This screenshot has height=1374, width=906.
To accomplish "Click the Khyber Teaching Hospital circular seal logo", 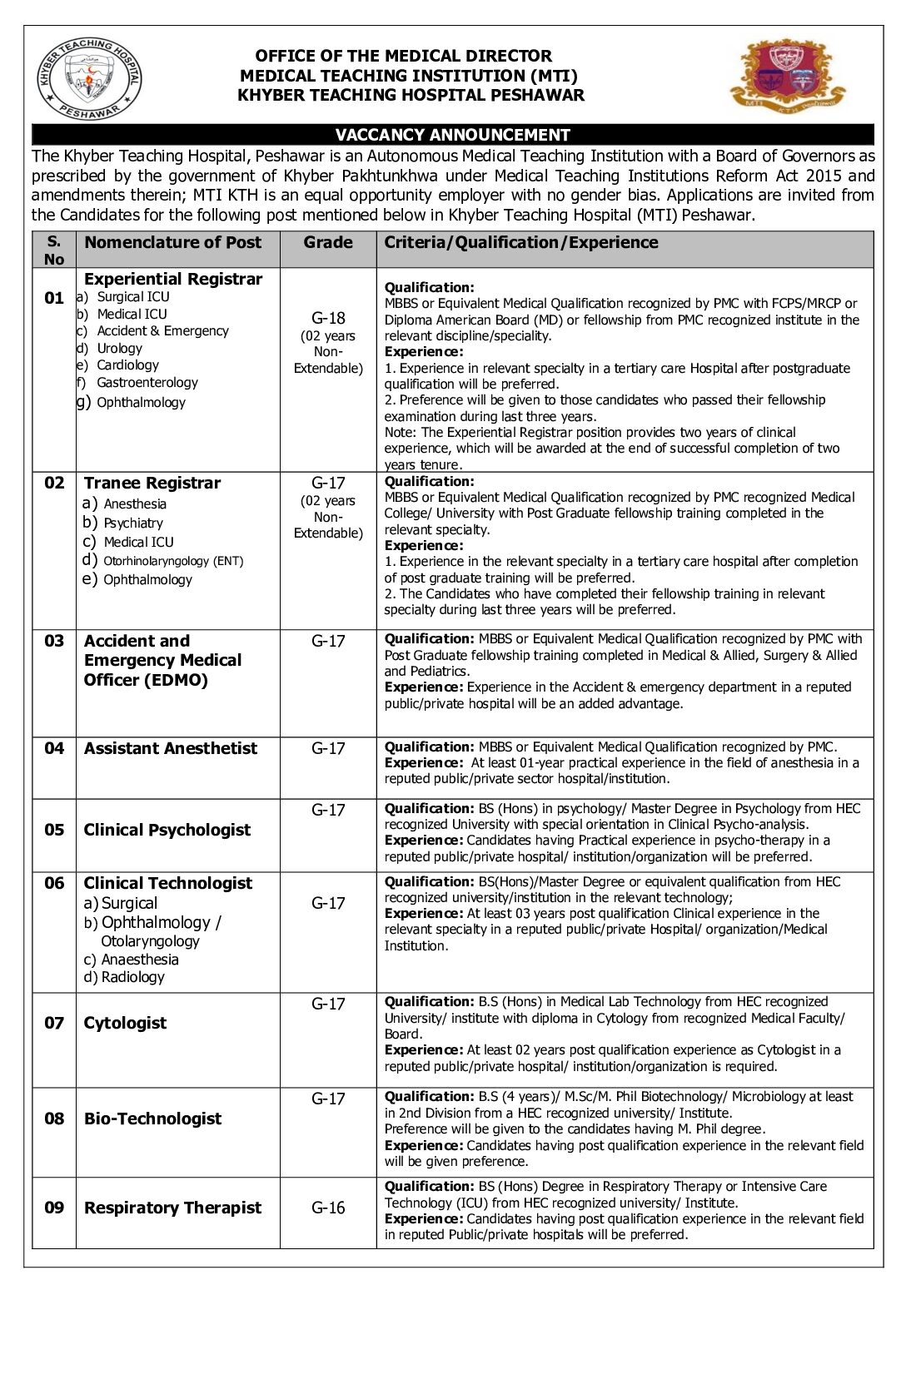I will click(90, 78).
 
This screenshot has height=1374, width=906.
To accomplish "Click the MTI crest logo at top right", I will click(786, 75).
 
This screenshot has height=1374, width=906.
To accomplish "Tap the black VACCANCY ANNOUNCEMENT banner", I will click(452, 135).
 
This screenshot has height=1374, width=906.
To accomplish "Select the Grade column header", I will click(328, 243).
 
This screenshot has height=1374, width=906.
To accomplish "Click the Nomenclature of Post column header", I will click(173, 243).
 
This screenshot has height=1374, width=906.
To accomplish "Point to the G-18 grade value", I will click(328, 318).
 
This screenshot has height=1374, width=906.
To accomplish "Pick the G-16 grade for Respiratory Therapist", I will click(328, 1208).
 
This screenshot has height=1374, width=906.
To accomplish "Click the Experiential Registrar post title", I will click(173, 279).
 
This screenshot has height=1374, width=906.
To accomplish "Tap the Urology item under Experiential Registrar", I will click(119, 349).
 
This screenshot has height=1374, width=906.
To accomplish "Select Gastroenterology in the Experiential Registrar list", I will click(147, 383).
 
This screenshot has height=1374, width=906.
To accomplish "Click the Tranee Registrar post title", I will click(152, 483).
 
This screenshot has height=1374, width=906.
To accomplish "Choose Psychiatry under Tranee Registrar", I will click(133, 523).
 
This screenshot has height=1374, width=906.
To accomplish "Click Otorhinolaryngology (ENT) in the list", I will click(173, 561).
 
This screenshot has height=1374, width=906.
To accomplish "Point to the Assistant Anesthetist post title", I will click(171, 748).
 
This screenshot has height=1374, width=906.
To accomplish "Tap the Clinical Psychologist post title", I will click(167, 830).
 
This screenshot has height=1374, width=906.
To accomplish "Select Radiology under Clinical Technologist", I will click(132, 977).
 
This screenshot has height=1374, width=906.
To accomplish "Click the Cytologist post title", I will click(125, 1023).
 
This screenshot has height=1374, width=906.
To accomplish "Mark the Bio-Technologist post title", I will click(153, 1119).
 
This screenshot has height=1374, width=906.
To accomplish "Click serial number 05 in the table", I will click(54, 830).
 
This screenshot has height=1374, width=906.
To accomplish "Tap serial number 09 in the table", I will click(54, 1208).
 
